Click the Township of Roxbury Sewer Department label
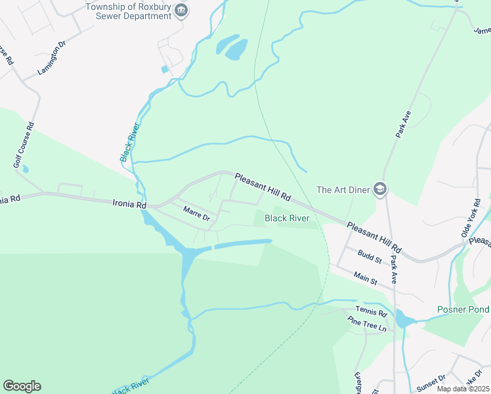129,11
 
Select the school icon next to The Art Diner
379,190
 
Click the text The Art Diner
342,190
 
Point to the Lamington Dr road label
53,58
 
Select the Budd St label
370,255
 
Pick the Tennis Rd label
368,310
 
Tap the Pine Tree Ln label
368,324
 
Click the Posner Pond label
463,309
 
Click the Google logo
22,386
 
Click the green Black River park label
286,218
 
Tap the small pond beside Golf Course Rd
25,169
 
